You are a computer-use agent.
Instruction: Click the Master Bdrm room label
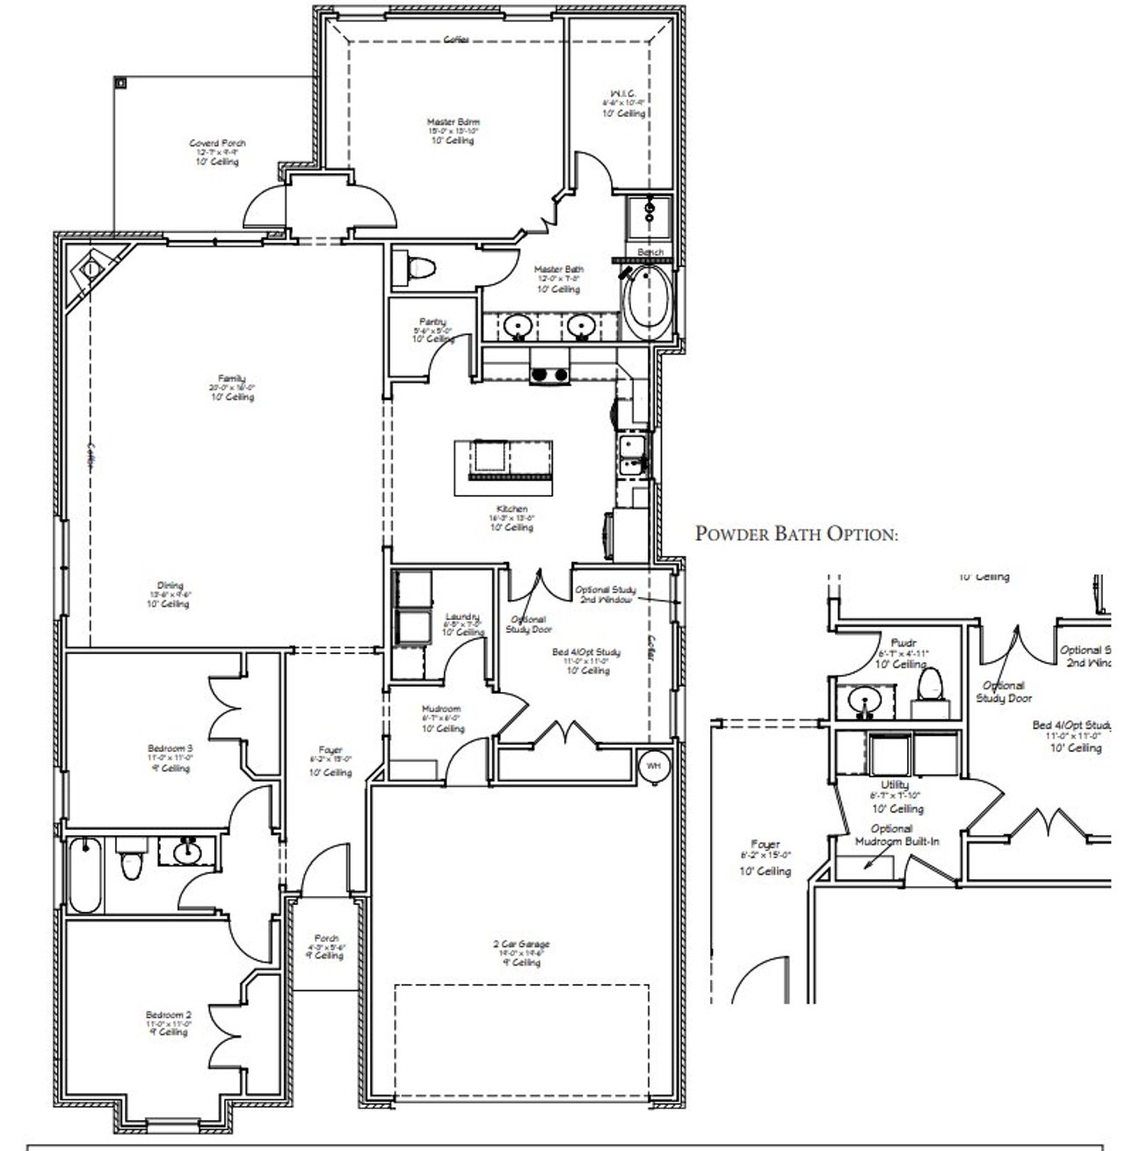[454, 130]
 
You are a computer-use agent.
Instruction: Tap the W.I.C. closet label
[623, 103]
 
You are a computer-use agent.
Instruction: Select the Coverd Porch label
[217, 151]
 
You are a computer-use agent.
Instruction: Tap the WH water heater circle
[653, 766]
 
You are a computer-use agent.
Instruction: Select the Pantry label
[432, 329]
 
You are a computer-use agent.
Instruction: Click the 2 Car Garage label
[520, 953]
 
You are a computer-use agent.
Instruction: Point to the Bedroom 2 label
[170, 1023]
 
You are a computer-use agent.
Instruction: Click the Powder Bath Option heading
[796, 534]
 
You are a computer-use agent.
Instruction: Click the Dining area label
[170, 594]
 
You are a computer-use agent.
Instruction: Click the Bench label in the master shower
[650, 252]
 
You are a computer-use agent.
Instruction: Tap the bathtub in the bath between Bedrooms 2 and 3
[85, 875]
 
